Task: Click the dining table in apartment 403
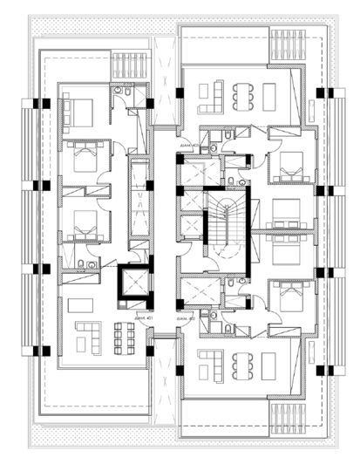click(241, 92)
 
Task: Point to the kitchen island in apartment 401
click(81, 305)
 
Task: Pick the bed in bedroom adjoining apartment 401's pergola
click(78, 112)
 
